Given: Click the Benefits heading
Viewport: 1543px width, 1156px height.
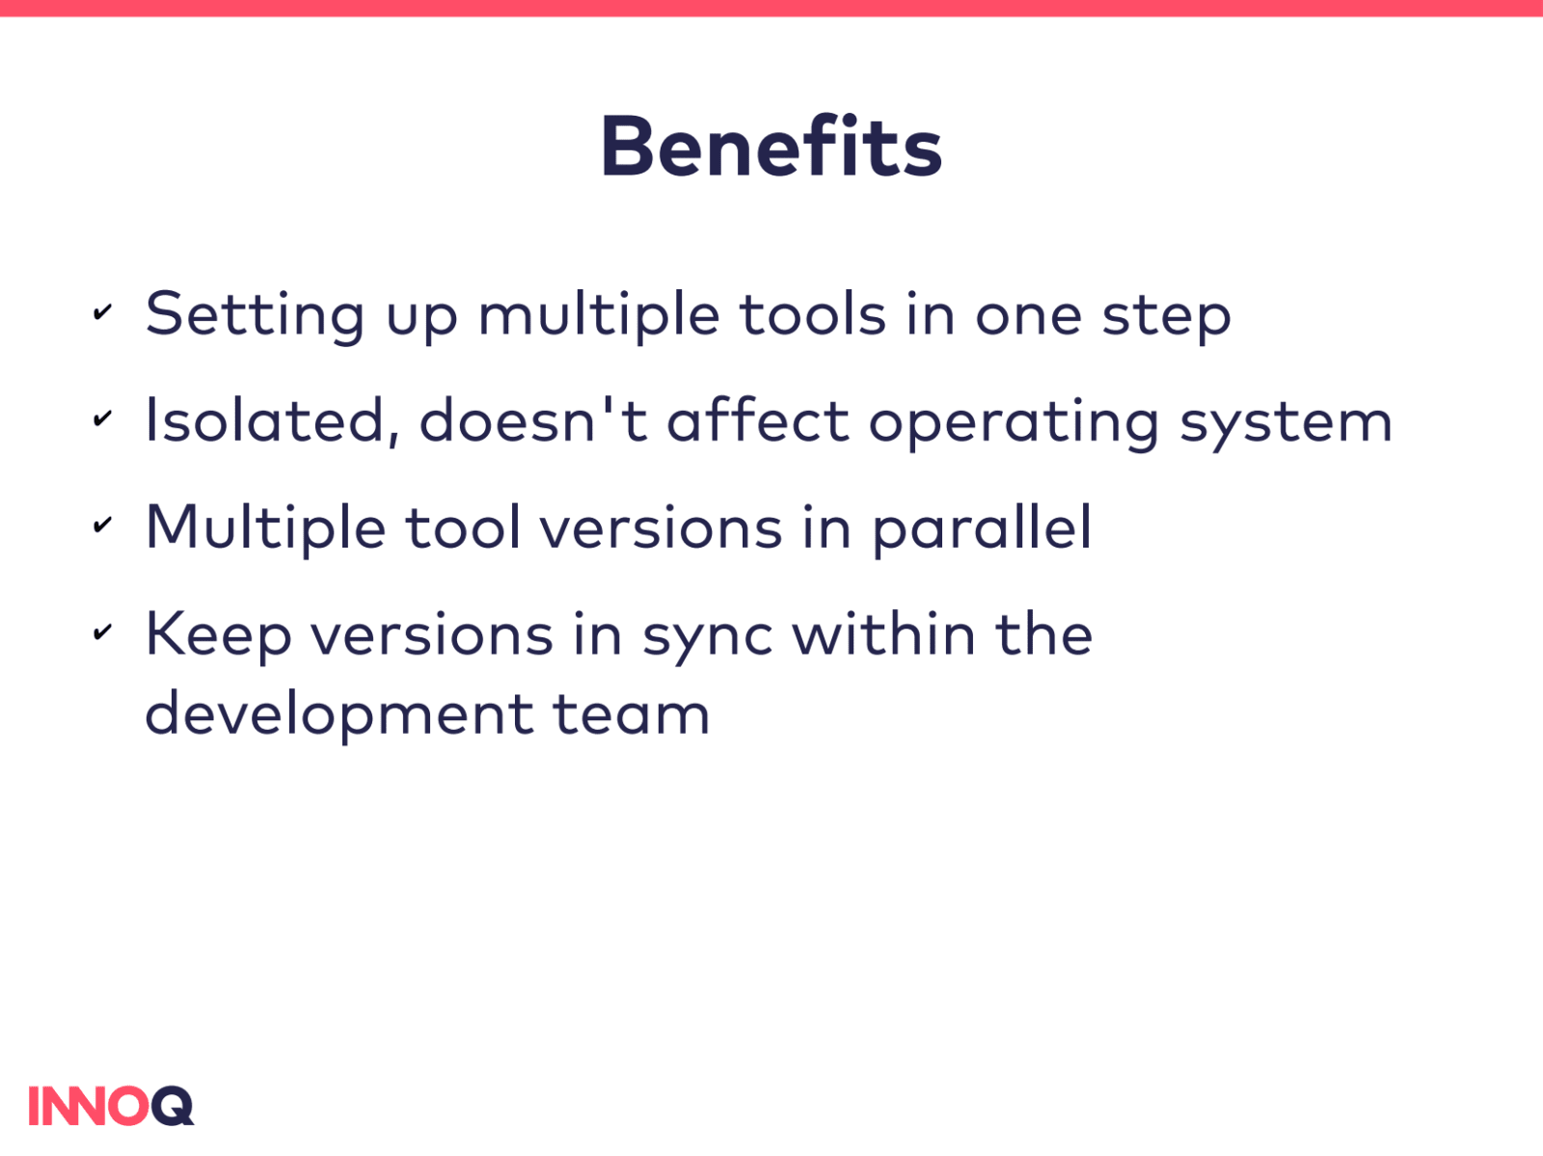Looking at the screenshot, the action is coord(771,146).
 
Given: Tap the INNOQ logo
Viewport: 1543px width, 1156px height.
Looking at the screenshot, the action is coord(111,1106).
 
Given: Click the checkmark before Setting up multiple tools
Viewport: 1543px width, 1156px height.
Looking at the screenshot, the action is coord(102,311).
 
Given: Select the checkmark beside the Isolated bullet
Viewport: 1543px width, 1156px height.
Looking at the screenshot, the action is coord(102,417).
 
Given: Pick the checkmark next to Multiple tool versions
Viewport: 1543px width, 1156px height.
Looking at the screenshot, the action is coord(102,524).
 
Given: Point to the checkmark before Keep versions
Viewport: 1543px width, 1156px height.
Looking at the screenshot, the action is coord(102,632).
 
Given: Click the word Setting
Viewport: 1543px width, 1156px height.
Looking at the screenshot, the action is coord(256,316).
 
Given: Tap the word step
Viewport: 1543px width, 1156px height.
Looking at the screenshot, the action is coord(1167,317).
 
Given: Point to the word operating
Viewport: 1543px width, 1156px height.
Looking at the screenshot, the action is coord(1014,424).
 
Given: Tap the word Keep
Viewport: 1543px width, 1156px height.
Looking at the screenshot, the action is coord(218,636).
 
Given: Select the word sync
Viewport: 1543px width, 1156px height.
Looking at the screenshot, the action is coord(707,639).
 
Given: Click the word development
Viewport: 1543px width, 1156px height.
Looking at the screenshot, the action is coord(338,716).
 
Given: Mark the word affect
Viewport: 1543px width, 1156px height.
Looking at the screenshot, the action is coord(758,419).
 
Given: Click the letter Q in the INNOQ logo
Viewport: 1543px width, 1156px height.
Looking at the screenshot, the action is coord(173,1106).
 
